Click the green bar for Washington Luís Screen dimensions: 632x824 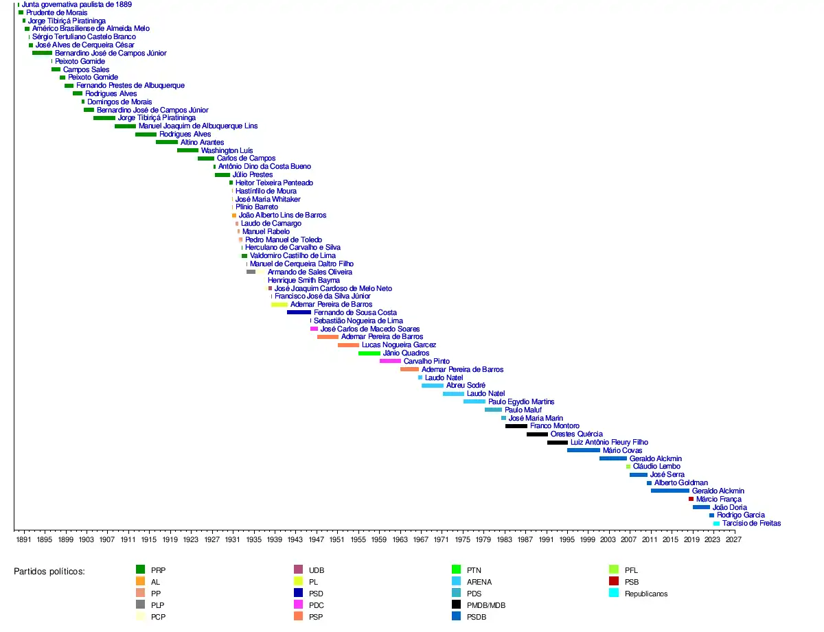(187, 150)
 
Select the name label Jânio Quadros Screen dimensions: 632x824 (406, 353)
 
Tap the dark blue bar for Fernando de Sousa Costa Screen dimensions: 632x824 (299, 312)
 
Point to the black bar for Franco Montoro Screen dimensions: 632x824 (516, 426)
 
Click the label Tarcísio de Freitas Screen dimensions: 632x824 (751, 524)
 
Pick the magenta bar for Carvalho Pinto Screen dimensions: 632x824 (390, 361)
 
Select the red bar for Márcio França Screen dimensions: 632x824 (691, 499)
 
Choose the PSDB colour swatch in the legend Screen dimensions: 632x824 (456, 616)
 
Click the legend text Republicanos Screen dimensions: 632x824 (645, 594)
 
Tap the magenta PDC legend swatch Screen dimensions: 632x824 (298, 605)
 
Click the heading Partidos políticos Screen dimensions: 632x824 (49, 571)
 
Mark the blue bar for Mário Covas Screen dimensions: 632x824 (583, 450)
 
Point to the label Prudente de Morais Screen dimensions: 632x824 (57, 12)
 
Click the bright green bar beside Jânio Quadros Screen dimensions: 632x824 (369, 353)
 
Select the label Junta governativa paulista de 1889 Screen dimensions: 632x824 (77, 4)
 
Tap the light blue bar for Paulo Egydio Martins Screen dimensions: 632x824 (474, 401)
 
